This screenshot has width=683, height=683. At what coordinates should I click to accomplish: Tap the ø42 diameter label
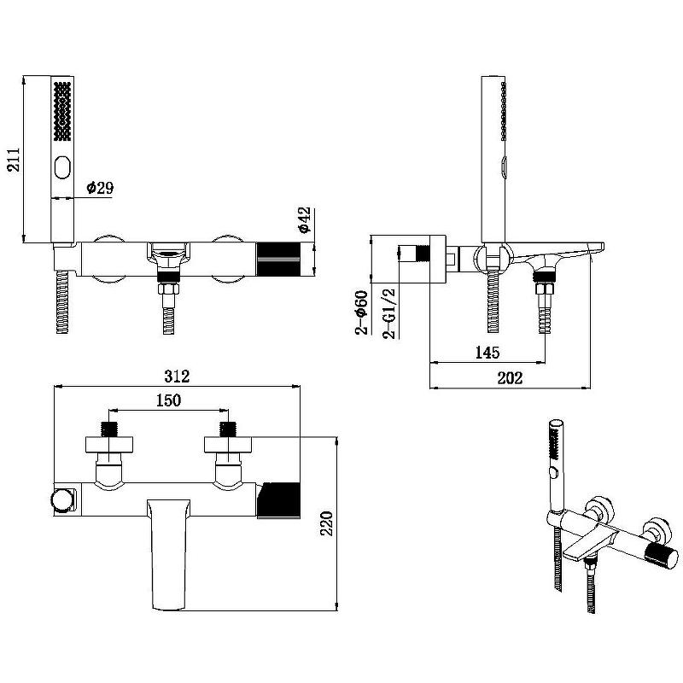coord(305,220)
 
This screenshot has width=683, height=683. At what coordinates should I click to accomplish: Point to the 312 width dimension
coord(176,377)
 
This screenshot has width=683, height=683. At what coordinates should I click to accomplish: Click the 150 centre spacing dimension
coord(167,400)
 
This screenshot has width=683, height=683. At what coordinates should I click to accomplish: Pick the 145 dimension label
coord(487,352)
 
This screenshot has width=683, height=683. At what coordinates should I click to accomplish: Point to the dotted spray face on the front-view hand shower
coord(64,112)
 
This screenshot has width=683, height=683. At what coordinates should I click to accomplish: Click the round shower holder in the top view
coord(61,499)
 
